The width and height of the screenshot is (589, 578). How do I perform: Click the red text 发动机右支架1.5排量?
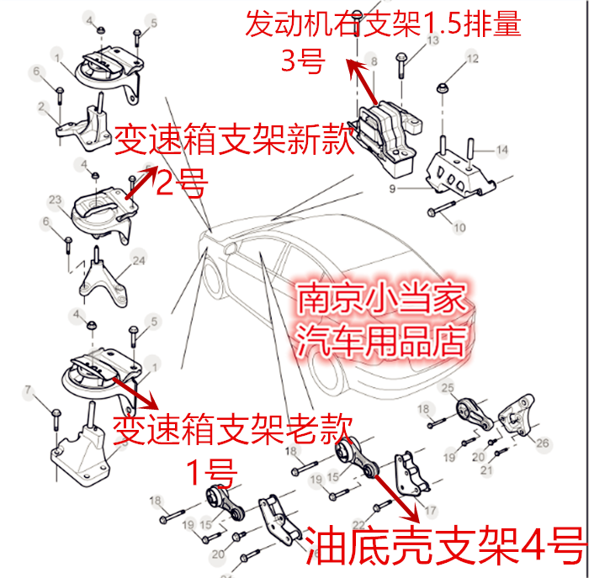click(383, 24)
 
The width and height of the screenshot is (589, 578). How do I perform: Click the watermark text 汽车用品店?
click(383, 341)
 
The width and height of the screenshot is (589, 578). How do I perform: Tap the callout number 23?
click(56, 200)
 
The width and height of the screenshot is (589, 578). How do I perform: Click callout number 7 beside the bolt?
click(29, 390)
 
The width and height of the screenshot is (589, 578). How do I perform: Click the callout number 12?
click(472, 58)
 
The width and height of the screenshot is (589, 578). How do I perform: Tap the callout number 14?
click(501, 150)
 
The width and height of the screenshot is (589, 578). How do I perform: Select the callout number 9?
click(392, 189)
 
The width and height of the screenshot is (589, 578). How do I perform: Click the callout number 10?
click(459, 227)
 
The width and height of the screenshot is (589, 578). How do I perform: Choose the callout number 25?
click(448, 387)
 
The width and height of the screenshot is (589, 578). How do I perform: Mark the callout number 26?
click(543, 443)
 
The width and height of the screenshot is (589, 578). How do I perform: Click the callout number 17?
click(431, 510)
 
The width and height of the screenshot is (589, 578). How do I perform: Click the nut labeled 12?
click(443, 87)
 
